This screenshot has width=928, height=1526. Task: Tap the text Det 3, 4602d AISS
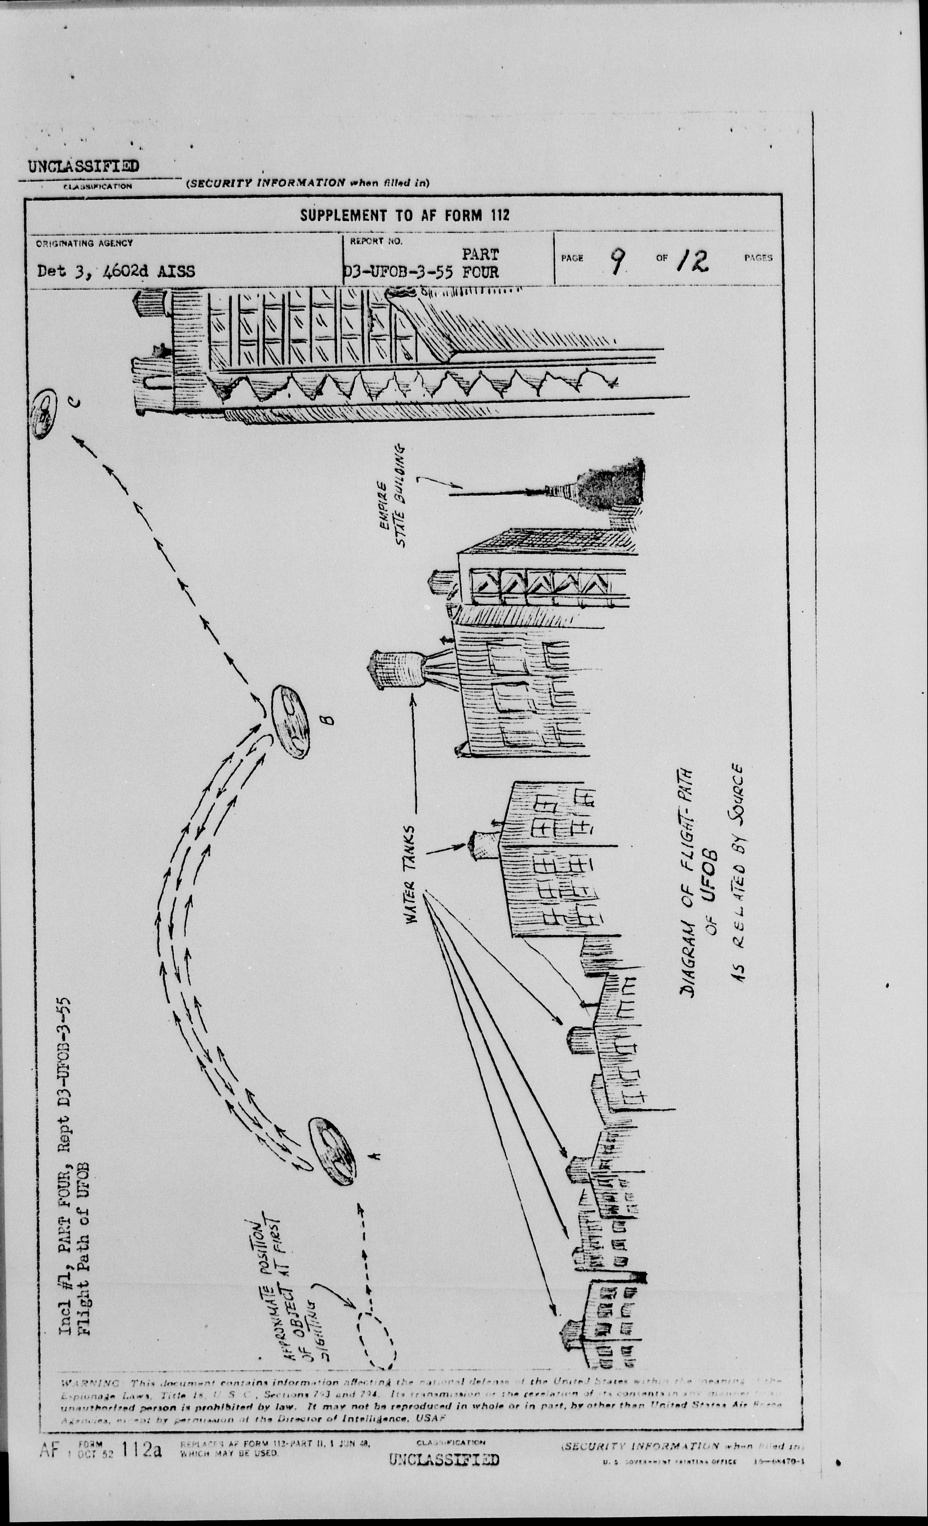(x=116, y=271)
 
